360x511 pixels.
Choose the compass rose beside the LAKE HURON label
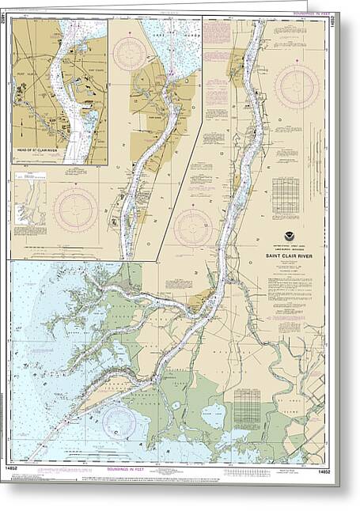129,53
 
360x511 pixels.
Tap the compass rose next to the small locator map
75,210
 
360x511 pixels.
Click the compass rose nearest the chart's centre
194,228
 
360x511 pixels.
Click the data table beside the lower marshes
247,408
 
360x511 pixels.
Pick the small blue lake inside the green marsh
214,412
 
